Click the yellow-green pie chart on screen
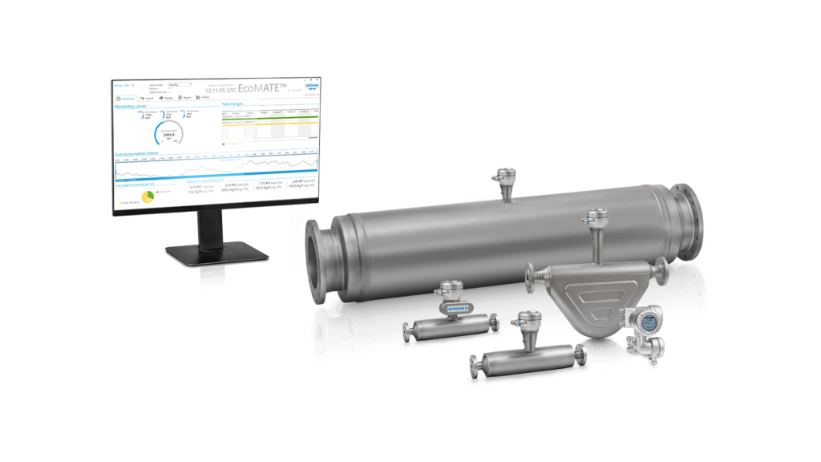(x=148, y=197)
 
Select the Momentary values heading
(x=131, y=105)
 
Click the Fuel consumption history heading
(x=137, y=152)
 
